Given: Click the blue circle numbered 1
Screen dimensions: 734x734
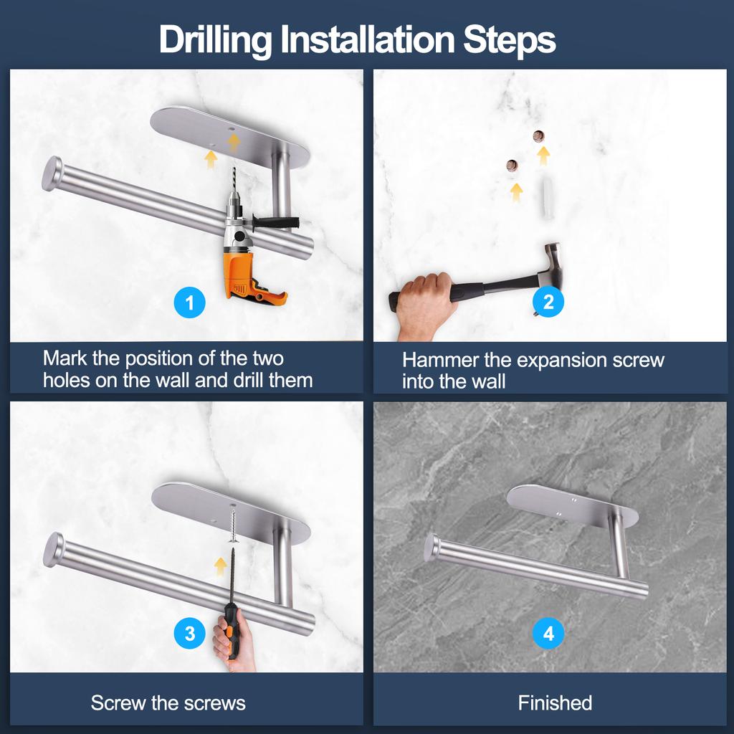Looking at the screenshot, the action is (189, 302).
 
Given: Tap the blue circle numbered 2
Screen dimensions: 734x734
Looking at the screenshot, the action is (548, 302).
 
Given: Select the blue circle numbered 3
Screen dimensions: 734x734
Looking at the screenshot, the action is (189, 634).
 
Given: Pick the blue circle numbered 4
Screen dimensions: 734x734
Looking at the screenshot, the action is (548, 633).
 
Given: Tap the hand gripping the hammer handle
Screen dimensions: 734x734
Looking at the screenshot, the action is (425, 304).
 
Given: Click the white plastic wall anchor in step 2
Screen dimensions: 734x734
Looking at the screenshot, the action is (546, 196).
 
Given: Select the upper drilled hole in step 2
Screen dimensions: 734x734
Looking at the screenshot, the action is (539, 136).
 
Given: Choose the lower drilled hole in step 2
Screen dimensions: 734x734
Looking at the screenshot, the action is (512, 166).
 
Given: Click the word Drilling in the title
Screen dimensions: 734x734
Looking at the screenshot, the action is (215, 40).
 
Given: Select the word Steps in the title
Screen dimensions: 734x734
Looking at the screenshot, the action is (510, 40).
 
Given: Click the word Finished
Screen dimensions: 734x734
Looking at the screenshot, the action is (555, 703).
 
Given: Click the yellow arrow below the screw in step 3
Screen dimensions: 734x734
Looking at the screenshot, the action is (221, 566).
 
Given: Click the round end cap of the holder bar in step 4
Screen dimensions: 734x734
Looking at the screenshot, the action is (432, 548).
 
